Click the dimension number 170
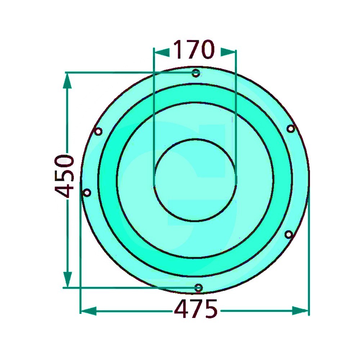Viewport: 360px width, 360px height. [194, 49]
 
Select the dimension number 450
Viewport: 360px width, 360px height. [64, 176]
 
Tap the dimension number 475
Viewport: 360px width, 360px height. [195, 309]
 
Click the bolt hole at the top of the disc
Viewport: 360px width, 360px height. [195, 73]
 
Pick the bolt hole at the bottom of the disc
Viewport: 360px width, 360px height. [199, 288]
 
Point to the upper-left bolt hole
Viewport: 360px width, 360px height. [98, 131]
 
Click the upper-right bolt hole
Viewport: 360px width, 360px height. [291, 129]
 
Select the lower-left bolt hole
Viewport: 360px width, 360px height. [87, 192]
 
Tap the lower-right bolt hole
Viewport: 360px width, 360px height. [289, 234]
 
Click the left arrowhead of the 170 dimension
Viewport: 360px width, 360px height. [162, 52]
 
